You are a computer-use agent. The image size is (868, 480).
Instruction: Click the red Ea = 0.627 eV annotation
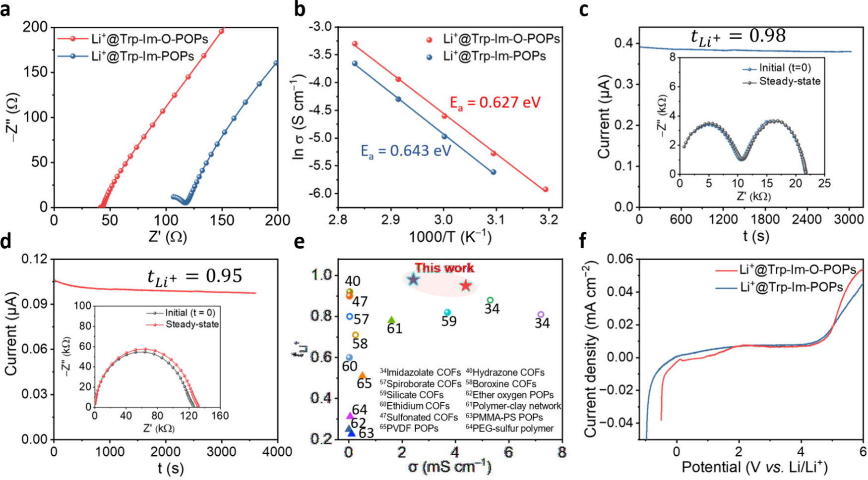(x=495, y=103)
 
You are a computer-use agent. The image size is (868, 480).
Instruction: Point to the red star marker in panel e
(x=465, y=286)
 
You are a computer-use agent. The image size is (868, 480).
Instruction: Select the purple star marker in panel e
(x=413, y=280)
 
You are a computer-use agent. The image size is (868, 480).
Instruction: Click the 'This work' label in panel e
(x=444, y=268)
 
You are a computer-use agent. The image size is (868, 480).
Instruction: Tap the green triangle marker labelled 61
(x=391, y=320)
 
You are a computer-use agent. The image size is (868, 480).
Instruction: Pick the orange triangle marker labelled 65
(x=362, y=375)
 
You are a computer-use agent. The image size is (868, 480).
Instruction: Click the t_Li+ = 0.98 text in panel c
(x=738, y=37)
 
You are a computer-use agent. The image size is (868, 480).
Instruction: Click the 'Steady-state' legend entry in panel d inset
(x=191, y=324)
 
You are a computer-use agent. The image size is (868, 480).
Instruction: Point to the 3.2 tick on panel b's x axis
(x=549, y=219)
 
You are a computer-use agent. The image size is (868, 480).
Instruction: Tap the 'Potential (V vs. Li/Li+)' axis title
(x=754, y=467)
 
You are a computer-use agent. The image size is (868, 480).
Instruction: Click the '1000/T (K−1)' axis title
(x=450, y=237)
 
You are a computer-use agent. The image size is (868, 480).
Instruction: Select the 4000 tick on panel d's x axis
(x=277, y=451)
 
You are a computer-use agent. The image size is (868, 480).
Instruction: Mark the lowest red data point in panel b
(x=546, y=189)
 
